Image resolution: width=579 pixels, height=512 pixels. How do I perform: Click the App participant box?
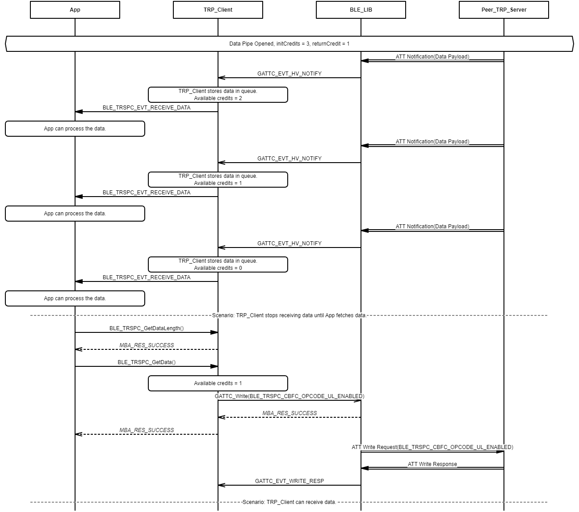[75, 10]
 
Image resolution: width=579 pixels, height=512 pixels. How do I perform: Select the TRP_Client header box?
[218, 10]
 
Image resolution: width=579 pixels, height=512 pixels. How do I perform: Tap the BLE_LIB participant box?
[361, 10]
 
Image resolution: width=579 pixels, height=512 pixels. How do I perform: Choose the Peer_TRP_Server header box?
[504, 10]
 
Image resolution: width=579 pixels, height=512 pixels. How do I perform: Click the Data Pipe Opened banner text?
[289, 44]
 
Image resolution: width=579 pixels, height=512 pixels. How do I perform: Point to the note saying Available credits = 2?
[218, 95]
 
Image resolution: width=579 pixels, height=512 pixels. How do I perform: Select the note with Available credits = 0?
[218, 264]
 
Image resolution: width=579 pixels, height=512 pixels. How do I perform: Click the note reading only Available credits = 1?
[218, 383]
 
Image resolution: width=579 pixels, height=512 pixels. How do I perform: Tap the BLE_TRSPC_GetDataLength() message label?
[147, 328]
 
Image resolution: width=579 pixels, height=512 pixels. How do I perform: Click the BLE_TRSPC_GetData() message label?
[147, 362]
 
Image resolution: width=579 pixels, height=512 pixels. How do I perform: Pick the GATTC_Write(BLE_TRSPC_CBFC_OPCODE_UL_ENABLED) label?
[289, 396]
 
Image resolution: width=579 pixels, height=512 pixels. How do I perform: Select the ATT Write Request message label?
[432, 447]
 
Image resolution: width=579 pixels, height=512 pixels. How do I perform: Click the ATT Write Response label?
[432, 464]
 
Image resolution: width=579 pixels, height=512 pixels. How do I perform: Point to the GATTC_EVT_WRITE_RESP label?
[289, 481]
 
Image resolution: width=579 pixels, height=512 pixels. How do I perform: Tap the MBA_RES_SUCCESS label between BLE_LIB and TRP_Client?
[289, 413]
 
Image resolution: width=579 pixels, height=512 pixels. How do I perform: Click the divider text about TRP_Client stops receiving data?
[289, 315]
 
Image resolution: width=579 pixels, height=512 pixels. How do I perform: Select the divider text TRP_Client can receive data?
[289, 502]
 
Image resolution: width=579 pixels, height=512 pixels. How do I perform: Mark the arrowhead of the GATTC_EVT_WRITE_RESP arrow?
[221, 485]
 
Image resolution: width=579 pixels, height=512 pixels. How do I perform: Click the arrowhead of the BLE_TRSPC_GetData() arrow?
[215, 366]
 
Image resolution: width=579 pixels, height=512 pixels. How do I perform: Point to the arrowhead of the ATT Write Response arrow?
[364, 468]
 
